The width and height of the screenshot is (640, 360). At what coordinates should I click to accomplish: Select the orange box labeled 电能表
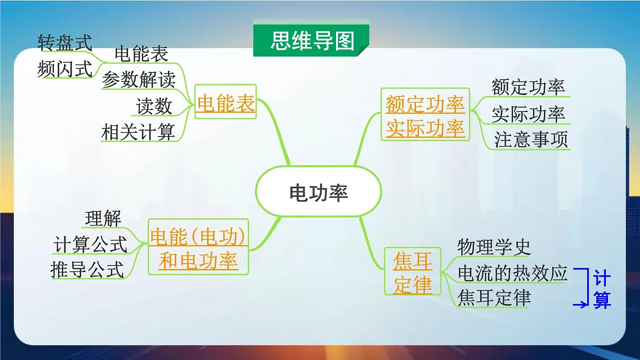(x=226, y=103)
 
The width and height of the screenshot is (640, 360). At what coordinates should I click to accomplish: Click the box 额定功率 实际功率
(x=425, y=116)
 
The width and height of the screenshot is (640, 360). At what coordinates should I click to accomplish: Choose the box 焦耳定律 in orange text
(x=412, y=272)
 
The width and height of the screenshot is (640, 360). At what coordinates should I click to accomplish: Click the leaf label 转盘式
(x=65, y=43)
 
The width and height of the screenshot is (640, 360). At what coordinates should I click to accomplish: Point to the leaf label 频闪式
(x=65, y=69)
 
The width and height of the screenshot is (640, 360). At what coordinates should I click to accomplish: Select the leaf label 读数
(x=154, y=106)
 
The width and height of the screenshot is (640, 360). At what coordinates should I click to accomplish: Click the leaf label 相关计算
(x=138, y=132)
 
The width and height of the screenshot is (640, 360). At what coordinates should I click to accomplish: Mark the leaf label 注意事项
(x=531, y=140)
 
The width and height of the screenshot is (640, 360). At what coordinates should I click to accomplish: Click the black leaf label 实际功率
(x=528, y=114)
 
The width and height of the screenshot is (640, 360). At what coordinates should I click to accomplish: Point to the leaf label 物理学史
(x=494, y=247)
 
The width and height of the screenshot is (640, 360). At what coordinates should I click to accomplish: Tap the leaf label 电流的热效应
(x=513, y=273)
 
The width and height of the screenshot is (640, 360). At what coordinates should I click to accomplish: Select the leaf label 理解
(x=103, y=218)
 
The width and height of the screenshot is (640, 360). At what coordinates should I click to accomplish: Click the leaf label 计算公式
(x=91, y=245)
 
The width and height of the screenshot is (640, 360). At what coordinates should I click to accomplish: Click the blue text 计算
(x=602, y=290)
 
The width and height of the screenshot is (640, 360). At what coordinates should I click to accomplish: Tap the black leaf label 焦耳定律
(x=494, y=298)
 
